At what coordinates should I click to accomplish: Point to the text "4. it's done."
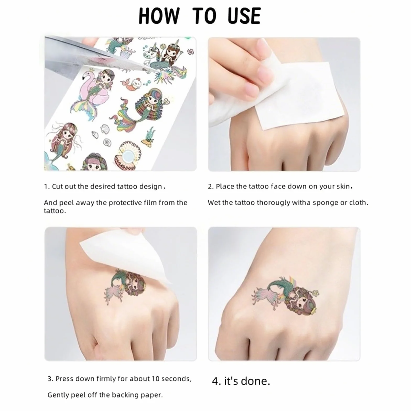pyautogui.click(x=241, y=381)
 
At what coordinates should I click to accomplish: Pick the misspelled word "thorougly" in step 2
pyautogui.click(x=273, y=203)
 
